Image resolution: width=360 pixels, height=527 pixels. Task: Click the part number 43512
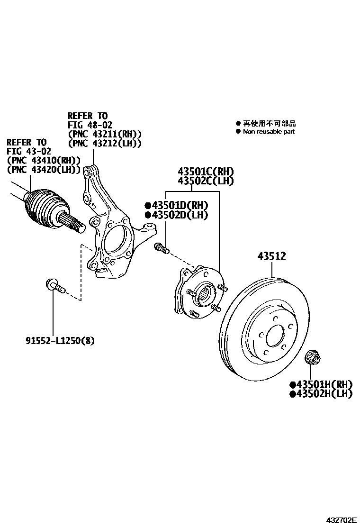[x=271, y=256]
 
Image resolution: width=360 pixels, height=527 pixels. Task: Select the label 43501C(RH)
[x=206, y=172]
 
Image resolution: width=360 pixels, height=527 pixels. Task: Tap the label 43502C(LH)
[x=206, y=181]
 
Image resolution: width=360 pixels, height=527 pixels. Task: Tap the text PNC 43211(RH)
[x=105, y=134]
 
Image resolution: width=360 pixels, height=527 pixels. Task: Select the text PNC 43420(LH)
[x=44, y=169]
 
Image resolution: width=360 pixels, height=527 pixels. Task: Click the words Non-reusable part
[x=269, y=131]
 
